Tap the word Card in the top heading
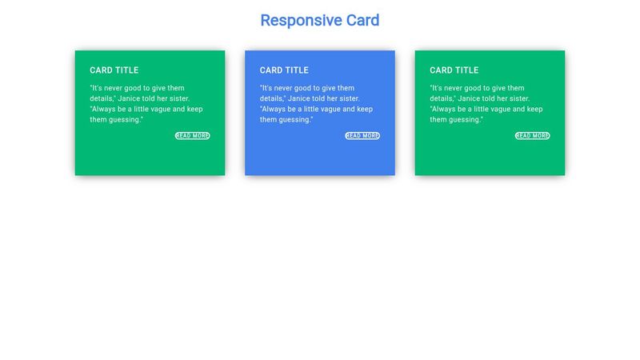pos(362,21)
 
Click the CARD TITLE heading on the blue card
pos(284,70)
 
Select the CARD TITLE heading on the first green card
pos(114,70)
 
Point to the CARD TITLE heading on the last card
pos(454,70)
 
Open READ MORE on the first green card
pos(193,136)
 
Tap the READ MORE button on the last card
pos(533,136)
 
